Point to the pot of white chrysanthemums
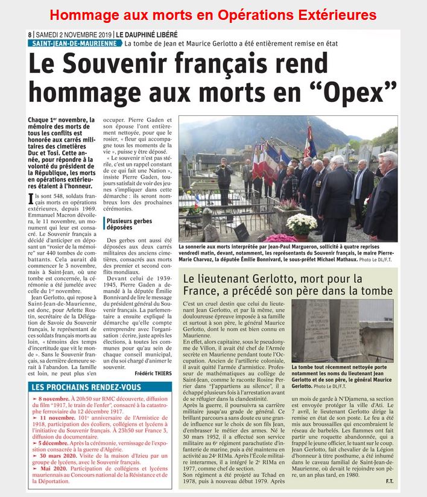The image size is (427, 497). (x=301, y=225)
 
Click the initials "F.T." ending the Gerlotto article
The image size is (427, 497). (x=390, y=481)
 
